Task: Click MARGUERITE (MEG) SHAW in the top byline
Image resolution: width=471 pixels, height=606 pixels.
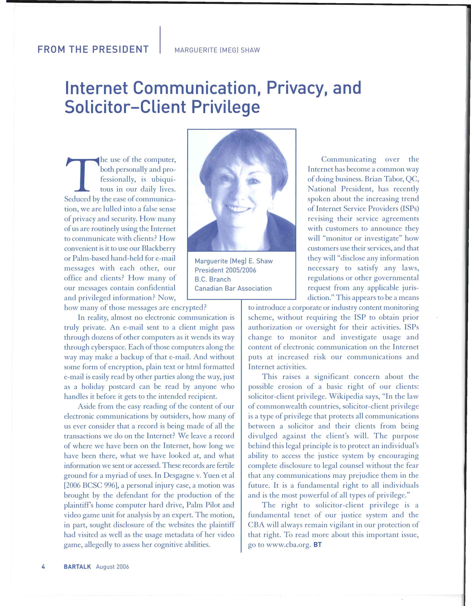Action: (x=217, y=50)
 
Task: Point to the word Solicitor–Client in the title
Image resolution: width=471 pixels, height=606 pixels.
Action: (x=125, y=108)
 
